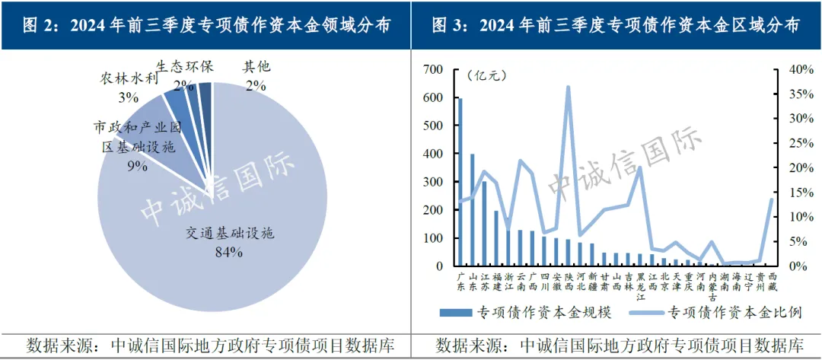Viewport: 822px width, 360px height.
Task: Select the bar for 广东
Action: pos(460,183)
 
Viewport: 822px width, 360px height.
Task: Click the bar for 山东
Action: pos(473,210)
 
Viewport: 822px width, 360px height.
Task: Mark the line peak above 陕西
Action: pos(568,88)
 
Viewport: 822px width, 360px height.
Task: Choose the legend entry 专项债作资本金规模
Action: pos(518,312)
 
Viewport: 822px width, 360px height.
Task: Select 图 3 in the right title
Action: pos(450,24)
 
